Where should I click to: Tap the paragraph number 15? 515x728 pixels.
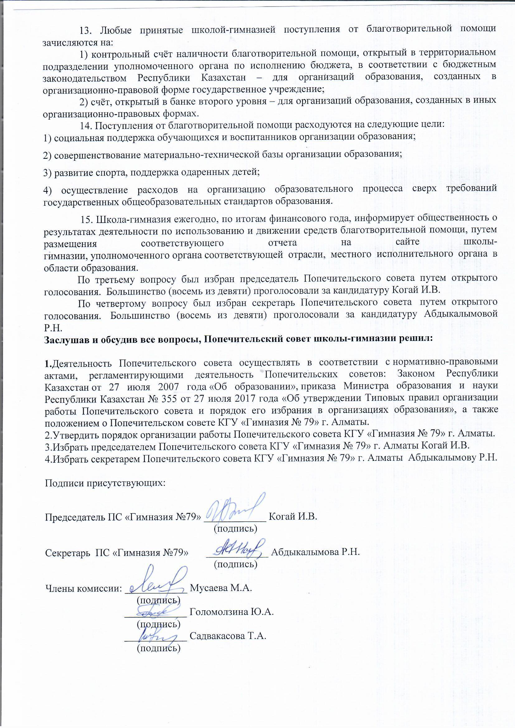click(87, 219)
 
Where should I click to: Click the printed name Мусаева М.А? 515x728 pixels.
click(220, 588)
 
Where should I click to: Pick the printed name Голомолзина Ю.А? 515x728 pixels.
click(231, 612)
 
